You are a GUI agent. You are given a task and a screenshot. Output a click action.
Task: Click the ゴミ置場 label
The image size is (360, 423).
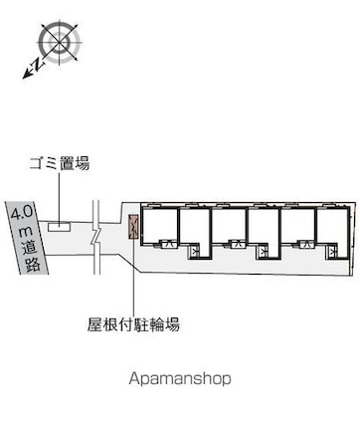coord(60,163)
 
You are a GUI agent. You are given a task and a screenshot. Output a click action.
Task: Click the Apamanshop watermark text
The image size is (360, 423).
coord(179,378)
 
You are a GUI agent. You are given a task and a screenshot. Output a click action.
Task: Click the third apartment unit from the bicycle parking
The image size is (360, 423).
coord(230,227)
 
